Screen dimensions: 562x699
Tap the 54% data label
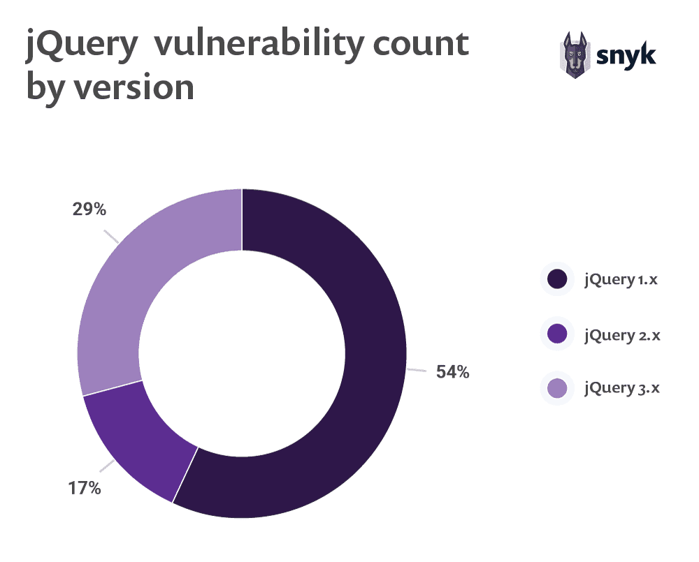(x=452, y=372)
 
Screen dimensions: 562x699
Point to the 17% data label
(x=85, y=488)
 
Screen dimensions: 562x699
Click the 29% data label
(x=89, y=209)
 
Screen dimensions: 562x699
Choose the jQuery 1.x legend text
(x=621, y=280)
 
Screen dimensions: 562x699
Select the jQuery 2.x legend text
(x=621, y=334)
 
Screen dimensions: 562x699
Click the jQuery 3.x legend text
(x=621, y=388)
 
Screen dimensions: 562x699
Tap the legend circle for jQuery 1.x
(x=557, y=280)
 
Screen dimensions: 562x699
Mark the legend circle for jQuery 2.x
(x=557, y=334)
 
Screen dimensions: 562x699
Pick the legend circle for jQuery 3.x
(x=557, y=388)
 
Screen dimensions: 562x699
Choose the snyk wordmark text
(x=627, y=54)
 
